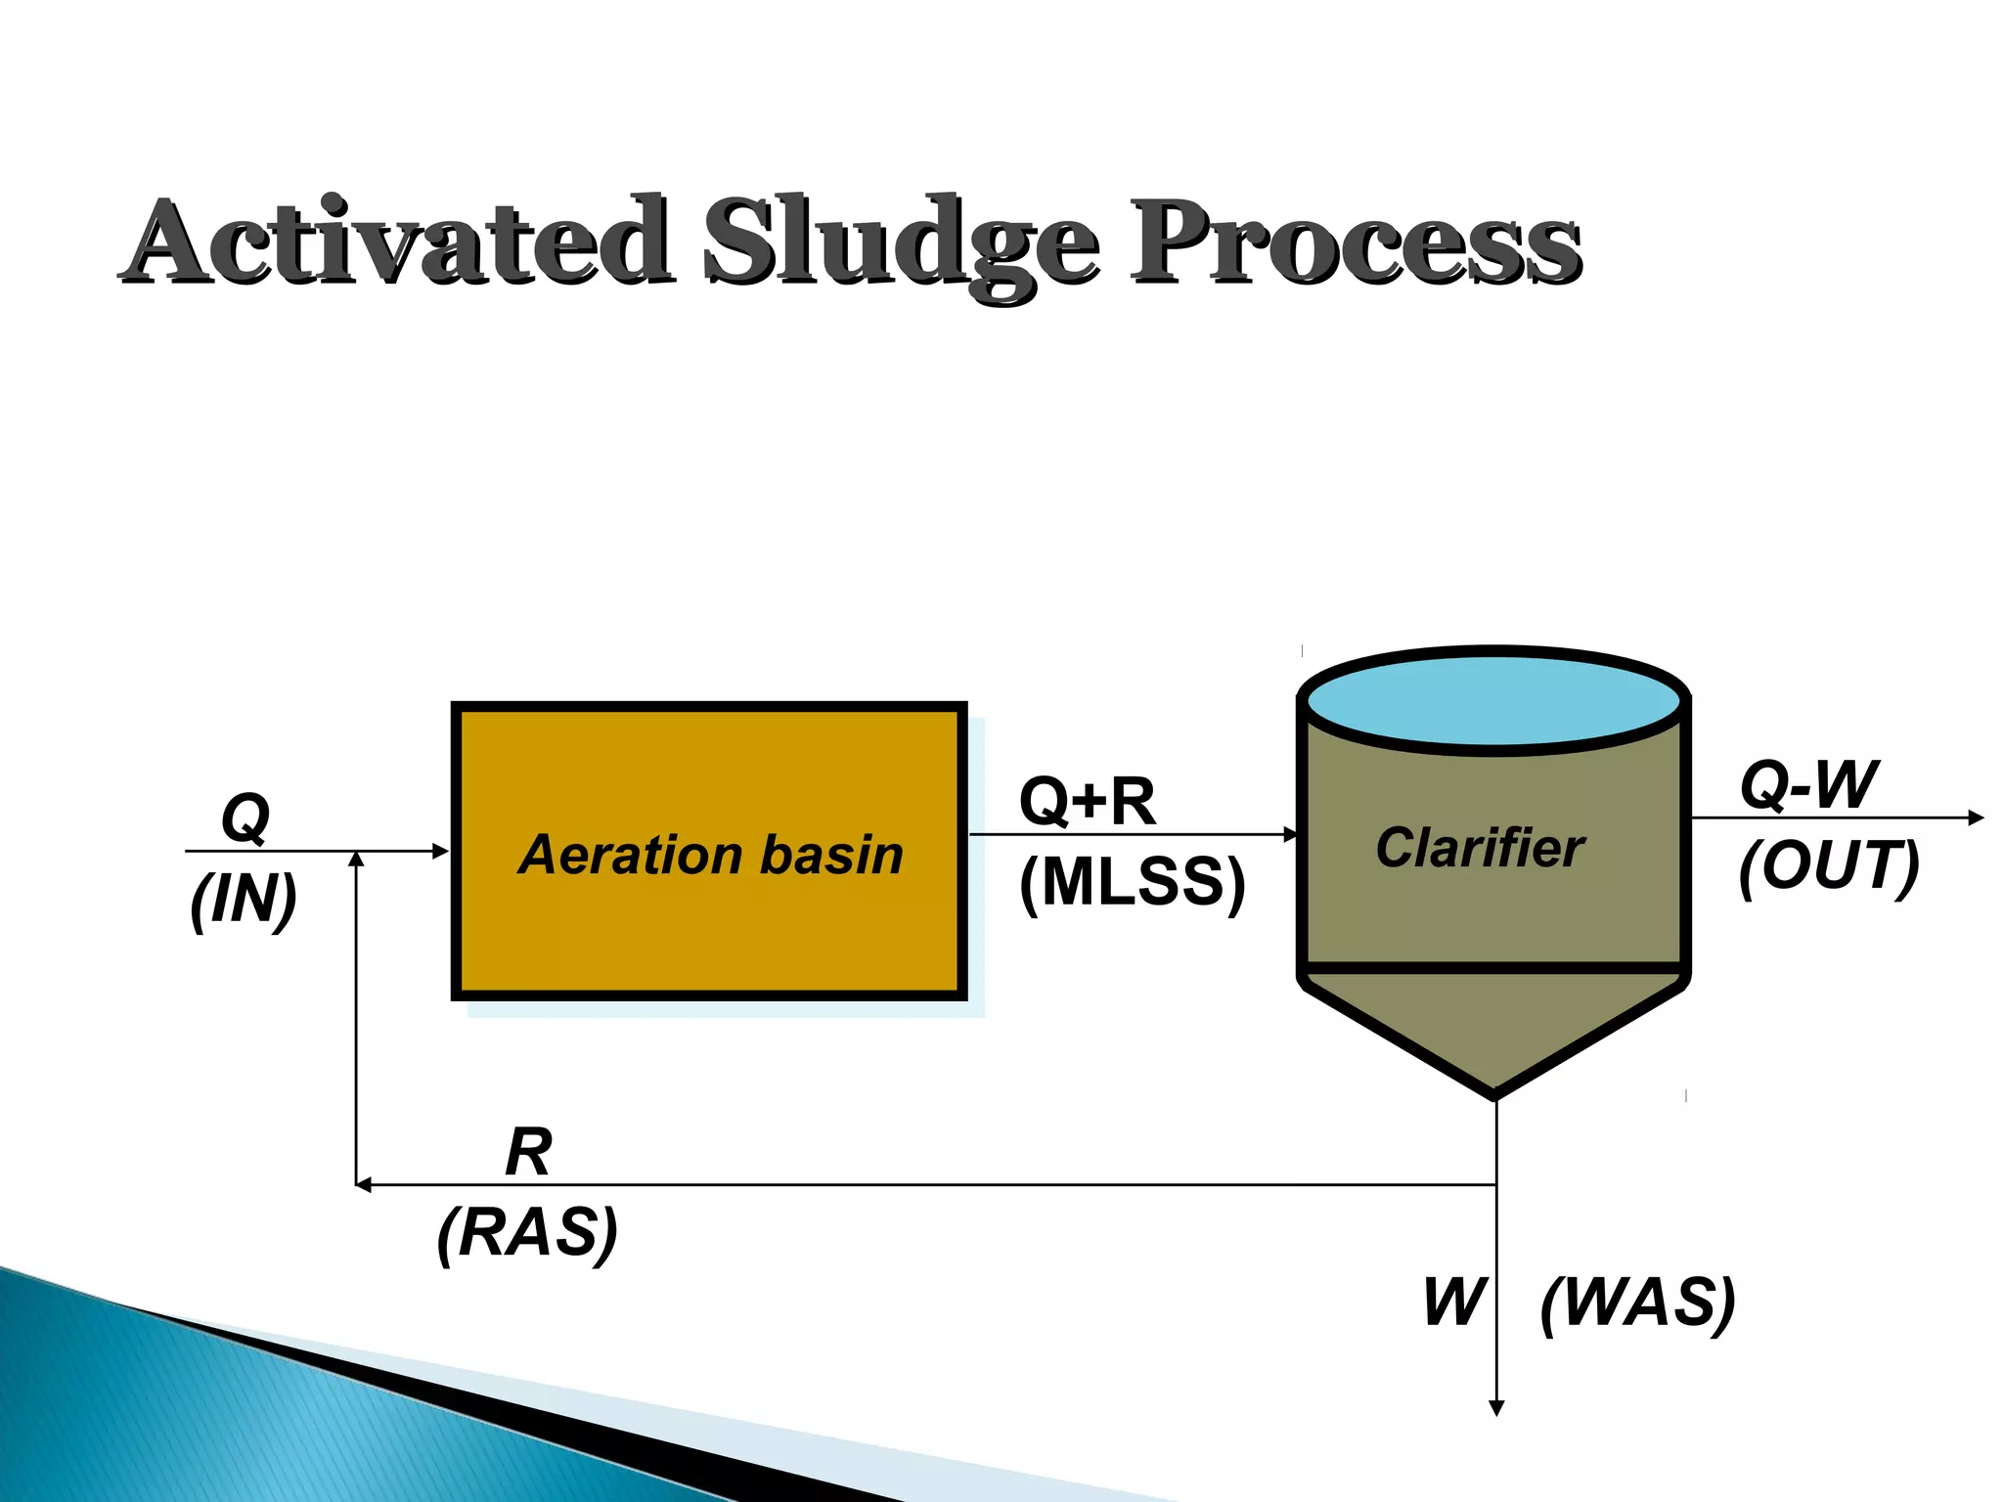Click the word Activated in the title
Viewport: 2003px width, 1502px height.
click(396, 241)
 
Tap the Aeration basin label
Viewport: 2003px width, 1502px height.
click(710, 854)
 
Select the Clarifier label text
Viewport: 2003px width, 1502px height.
click(1479, 847)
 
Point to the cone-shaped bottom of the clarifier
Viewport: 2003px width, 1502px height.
click(1493, 1032)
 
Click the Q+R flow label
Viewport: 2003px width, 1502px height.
click(1087, 802)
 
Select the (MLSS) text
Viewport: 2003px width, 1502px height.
click(1132, 882)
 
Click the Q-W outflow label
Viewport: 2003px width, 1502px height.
click(1808, 784)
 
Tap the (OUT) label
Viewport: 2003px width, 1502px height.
click(1828, 865)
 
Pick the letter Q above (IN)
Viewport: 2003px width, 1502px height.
click(245, 817)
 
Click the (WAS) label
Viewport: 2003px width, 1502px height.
click(1637, 1303)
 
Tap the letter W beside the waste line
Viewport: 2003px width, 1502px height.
click(1454, 1303)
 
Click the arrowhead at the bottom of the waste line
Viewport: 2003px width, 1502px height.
click(1495, 1408)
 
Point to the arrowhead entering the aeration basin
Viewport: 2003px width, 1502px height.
click(441, 852)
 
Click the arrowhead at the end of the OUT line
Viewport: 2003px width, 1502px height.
click(1976, 817)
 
